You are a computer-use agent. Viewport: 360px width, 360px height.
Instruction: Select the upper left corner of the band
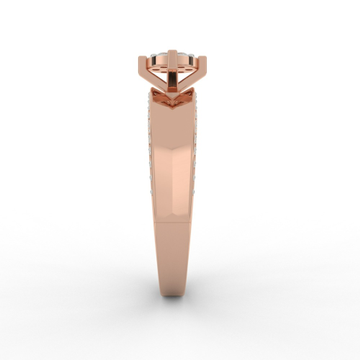click(x=151, y=92)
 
